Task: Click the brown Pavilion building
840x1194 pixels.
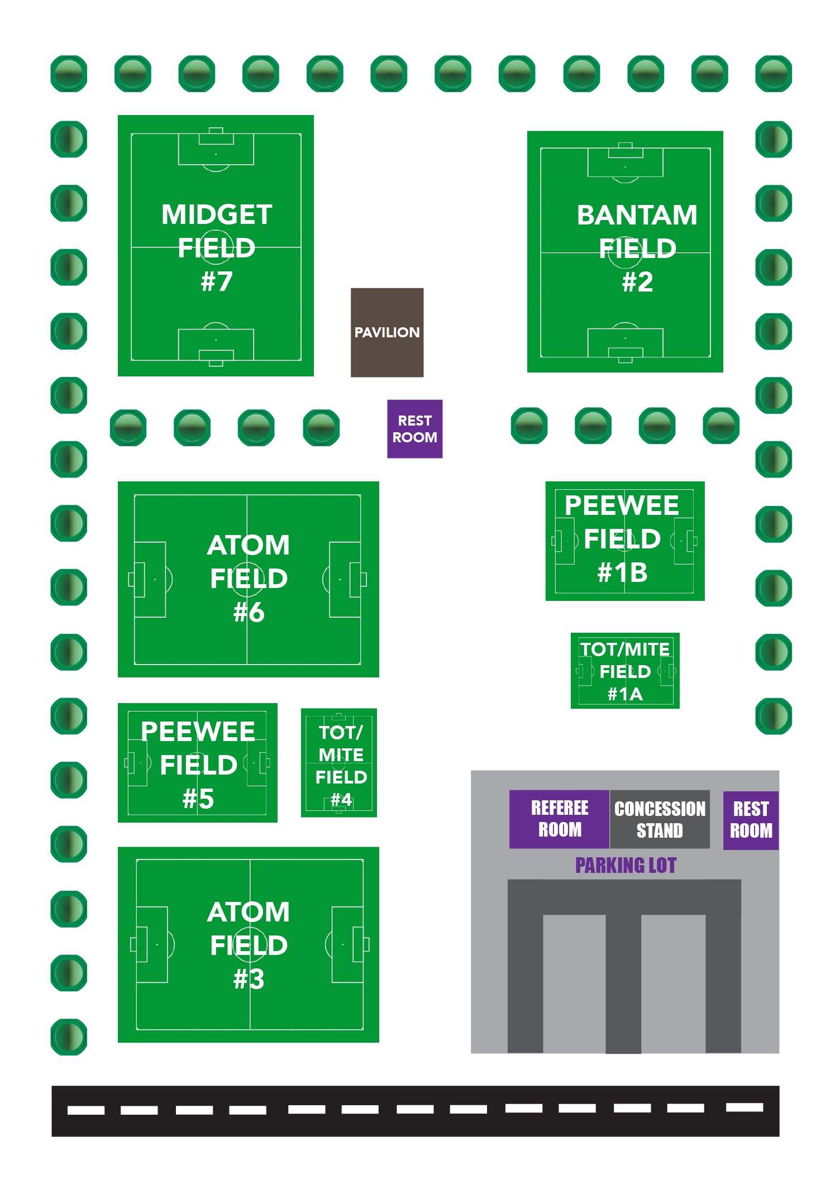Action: coord(387,332)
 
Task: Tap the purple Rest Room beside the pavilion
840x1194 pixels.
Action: coord(414,429)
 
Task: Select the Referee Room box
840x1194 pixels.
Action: coord(559,819)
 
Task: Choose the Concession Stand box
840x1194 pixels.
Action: coord(660,819)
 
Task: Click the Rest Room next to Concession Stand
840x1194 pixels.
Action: coord(751,820)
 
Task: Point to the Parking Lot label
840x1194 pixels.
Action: coord(626,866)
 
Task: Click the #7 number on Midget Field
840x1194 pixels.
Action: coord(216,281)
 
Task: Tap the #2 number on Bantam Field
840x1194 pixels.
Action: coord(637,282)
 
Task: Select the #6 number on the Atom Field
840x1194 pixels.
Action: coord(249,613)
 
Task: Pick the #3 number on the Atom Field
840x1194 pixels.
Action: coord(249,979)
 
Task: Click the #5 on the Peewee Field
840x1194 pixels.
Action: coord(198,799)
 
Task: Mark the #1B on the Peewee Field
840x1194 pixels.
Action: coord(623,572)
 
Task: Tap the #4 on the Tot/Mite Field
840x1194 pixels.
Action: coord(341,800)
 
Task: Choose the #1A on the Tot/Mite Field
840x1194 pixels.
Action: coord(625,694)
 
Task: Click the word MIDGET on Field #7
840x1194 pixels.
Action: coord(217,214)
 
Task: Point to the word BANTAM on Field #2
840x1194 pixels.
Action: coord(637,215)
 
